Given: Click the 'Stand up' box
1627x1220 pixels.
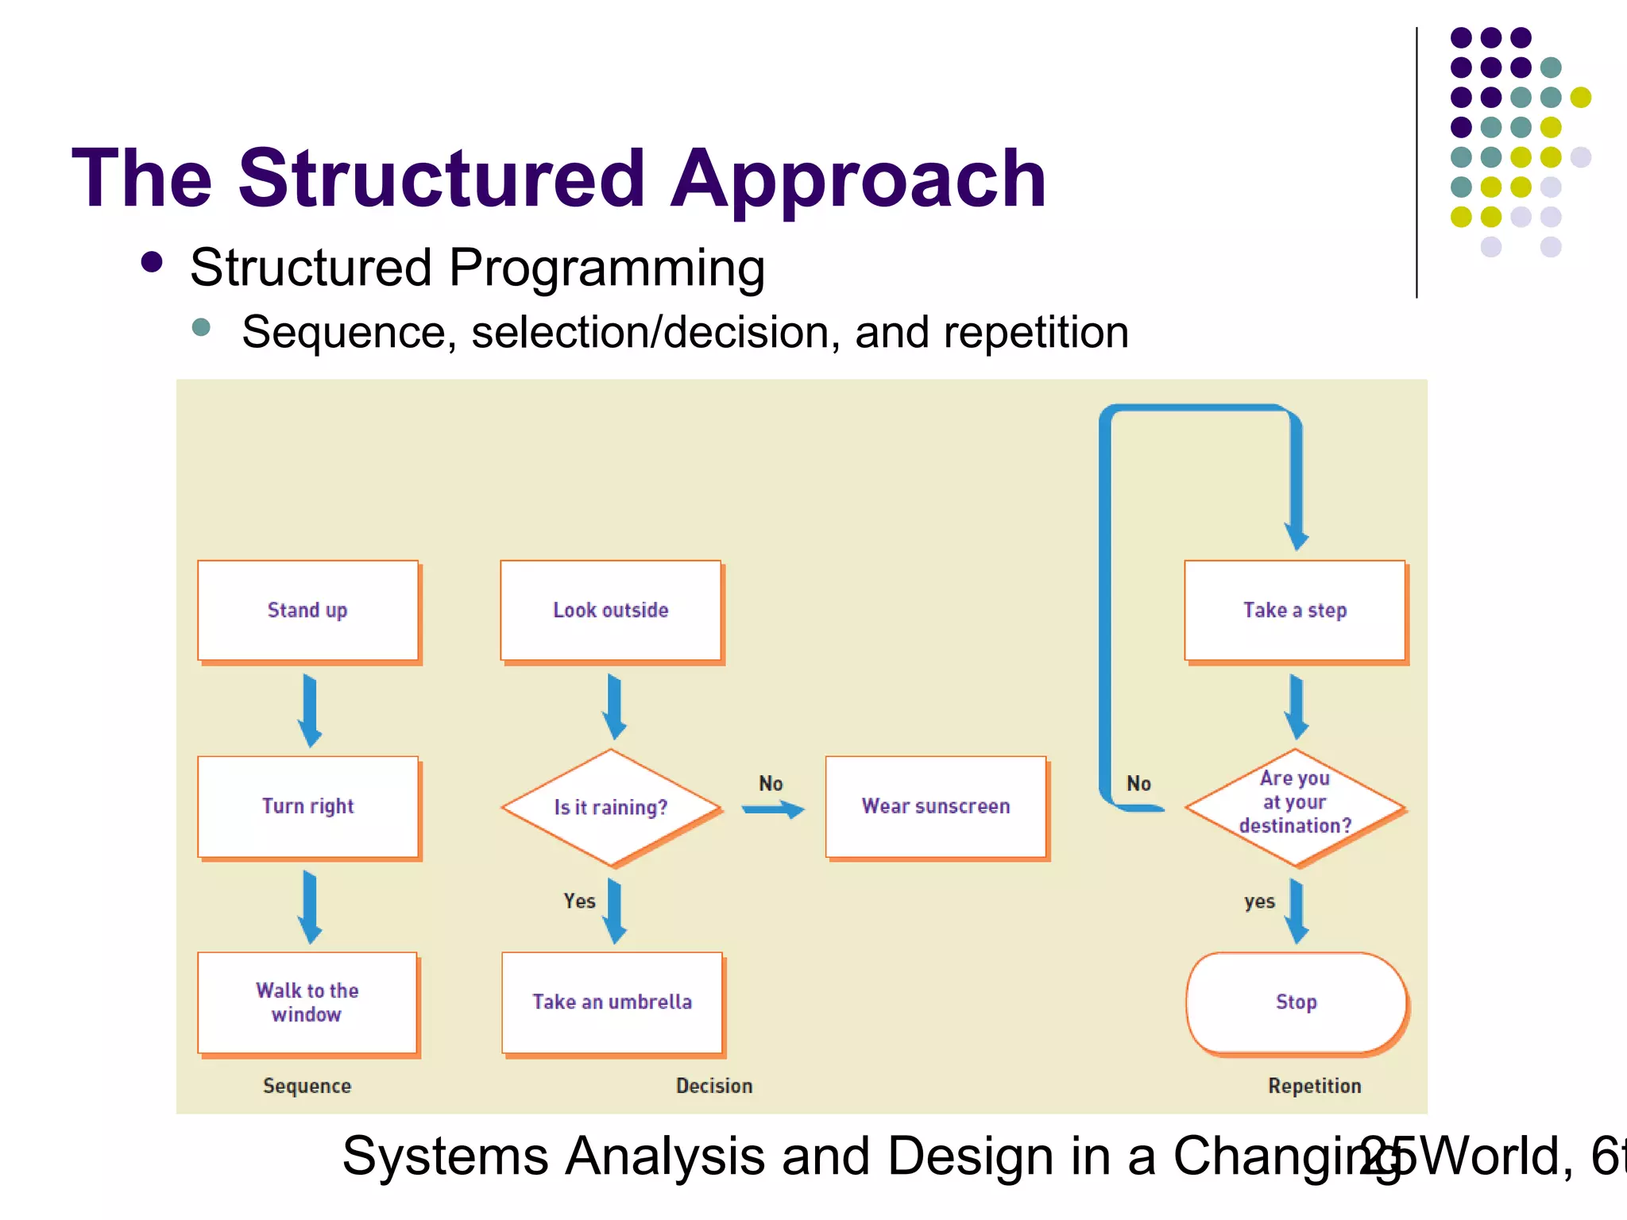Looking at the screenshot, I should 307,610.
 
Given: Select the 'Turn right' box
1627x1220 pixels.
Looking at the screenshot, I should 307,806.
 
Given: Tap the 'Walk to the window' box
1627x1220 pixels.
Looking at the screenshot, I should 307,1002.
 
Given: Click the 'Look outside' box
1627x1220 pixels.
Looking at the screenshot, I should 610,610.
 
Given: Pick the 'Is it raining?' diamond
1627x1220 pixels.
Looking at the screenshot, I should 610,808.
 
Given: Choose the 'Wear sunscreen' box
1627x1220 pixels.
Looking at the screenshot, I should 936,806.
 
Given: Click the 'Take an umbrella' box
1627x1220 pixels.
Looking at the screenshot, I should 612,1002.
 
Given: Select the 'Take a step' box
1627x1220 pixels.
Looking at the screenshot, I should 1295,610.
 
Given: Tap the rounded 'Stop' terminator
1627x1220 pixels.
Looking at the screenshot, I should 1297,1002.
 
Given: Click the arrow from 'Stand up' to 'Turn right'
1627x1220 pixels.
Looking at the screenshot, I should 310,710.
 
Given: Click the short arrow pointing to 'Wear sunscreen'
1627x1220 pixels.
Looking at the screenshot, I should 773,809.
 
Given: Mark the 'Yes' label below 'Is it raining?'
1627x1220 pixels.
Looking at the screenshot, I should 579,901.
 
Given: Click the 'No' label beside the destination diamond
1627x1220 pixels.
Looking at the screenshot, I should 1138,784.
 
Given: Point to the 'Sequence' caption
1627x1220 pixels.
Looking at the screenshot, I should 307,1086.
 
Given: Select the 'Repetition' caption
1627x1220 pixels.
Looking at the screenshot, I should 1314,1086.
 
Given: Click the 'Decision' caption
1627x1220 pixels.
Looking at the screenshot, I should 713,1086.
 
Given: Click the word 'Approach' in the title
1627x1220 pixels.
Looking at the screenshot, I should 858,181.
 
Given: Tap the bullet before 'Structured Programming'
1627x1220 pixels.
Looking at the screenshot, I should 152,263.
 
